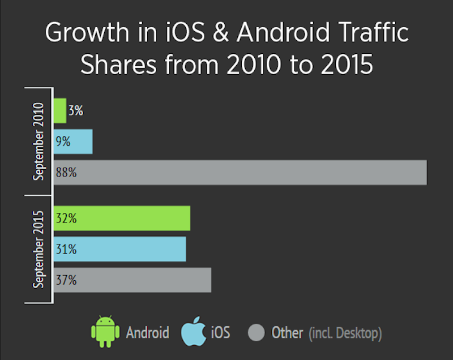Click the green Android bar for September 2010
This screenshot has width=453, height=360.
tap(59, 110)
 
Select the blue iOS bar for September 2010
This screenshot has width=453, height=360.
tap(79, 142)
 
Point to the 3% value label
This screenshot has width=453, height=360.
tap(75, 111)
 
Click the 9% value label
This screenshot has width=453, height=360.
tap(63, 142)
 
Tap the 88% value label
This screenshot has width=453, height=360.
tap(66, 173)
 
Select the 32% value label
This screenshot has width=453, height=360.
tap(66, 218)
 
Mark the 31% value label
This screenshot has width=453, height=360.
tap(66, 249)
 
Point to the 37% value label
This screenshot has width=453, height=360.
tap(66, 280)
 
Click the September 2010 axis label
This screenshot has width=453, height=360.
tap(38, 141)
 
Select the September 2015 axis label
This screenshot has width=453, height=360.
tap(38, 249)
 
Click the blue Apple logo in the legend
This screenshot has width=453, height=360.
tap(193, 332)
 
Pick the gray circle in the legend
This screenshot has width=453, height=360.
tap(257, 332)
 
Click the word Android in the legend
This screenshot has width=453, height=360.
tap(147, 332)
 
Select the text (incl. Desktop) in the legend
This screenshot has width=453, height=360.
tap(345, 333)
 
